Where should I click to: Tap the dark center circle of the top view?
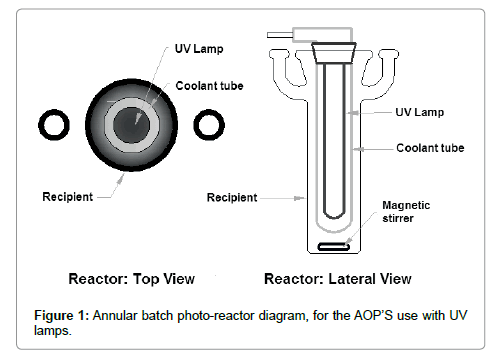[x=131, y=124]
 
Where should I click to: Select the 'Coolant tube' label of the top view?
[x=209, y=86]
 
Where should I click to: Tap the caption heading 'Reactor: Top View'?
[x=131, y=279]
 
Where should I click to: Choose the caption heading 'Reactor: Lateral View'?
[x=337, y=279]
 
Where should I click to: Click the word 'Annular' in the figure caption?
[x=118, y=315]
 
